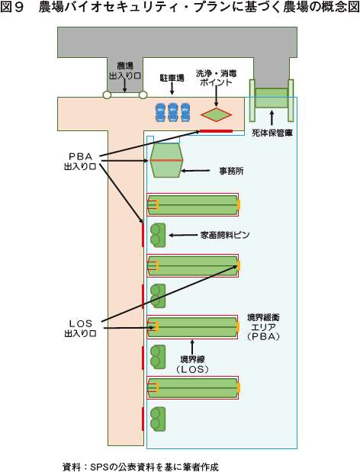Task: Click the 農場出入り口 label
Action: (125, 71)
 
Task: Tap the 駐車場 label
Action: (172, 79)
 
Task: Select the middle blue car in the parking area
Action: (172, 112)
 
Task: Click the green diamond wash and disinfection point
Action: (216, 114)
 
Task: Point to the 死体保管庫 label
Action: (272, 133)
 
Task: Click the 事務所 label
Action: (231, 172)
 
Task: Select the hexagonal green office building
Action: (166, 160)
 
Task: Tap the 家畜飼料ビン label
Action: (225, 235)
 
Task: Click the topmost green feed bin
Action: (158, 235)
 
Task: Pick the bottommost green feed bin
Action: (158, 419)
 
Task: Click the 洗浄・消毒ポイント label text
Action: (216, 78)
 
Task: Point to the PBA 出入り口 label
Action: (80, 162)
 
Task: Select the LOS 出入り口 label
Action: (80, 329)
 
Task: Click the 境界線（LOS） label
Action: (193, 364)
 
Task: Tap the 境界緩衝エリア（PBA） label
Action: (263, 327)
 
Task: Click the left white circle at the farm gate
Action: (107, 95)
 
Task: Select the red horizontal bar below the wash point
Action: (217, 131)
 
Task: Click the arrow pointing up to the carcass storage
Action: (272, 118)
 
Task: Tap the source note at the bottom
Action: (140, 467)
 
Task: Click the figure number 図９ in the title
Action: (12, 8)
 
